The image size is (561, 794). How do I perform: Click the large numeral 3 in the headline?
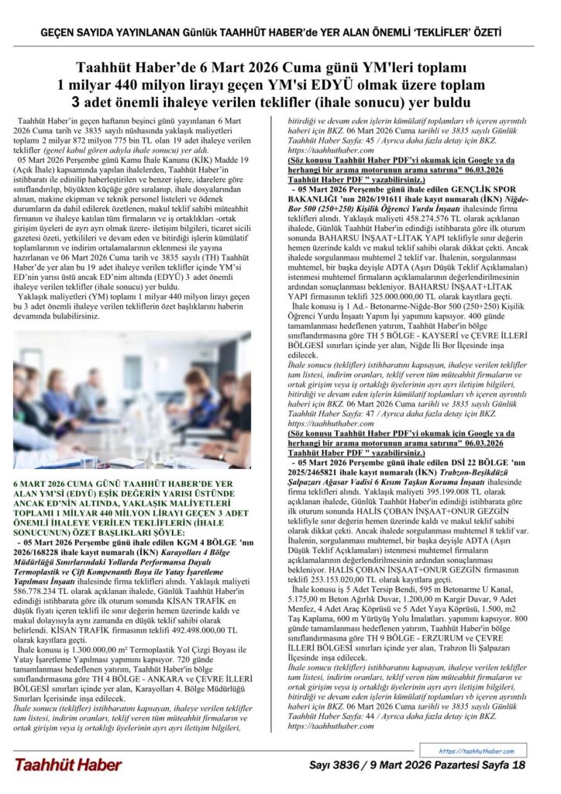77,102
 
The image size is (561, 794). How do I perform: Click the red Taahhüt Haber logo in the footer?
67,765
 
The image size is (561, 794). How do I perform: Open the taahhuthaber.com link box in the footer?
476,751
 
